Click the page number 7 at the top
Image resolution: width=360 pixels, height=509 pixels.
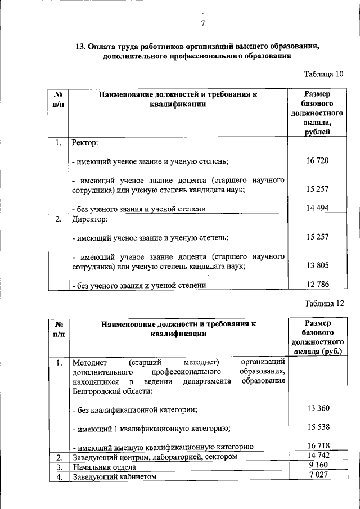click(202, 23)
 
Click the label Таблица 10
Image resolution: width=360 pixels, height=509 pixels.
click(323, 74)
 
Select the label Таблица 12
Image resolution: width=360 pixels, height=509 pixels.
click(323, 304)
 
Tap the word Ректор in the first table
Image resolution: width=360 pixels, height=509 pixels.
click(85, 143)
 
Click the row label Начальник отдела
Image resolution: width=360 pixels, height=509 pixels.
click(104, 467)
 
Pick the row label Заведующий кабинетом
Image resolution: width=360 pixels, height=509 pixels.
click(114, 477)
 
